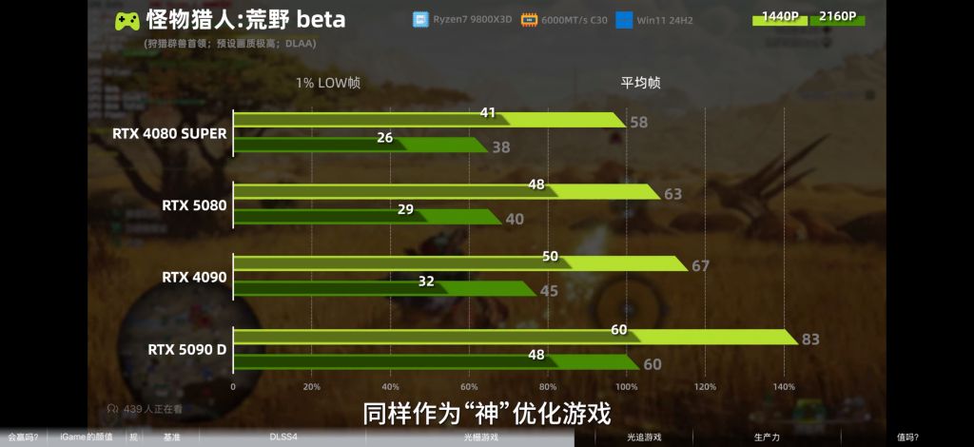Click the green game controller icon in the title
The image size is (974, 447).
tap(127, 20)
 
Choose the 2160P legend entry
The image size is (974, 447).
tap(837, 16)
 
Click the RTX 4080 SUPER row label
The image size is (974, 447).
tap(169, 134)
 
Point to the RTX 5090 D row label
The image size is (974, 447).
tap(187, 349)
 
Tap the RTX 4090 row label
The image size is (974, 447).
tap(194, 278)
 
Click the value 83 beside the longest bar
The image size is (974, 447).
tap(811, 340)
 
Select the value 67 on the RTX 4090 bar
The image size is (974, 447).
tap(701, 266)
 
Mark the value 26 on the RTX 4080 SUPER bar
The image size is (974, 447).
tap(385, 138)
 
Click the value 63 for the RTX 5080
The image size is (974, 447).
tap(673, 194)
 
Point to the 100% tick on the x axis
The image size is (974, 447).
tap(626, 387)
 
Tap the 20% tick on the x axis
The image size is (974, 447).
tap(311, 387)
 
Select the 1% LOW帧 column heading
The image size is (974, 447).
tap(328, 83)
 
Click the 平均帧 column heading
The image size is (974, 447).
tap(641, 83)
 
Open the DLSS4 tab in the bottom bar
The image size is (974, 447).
tap(282, 437)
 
